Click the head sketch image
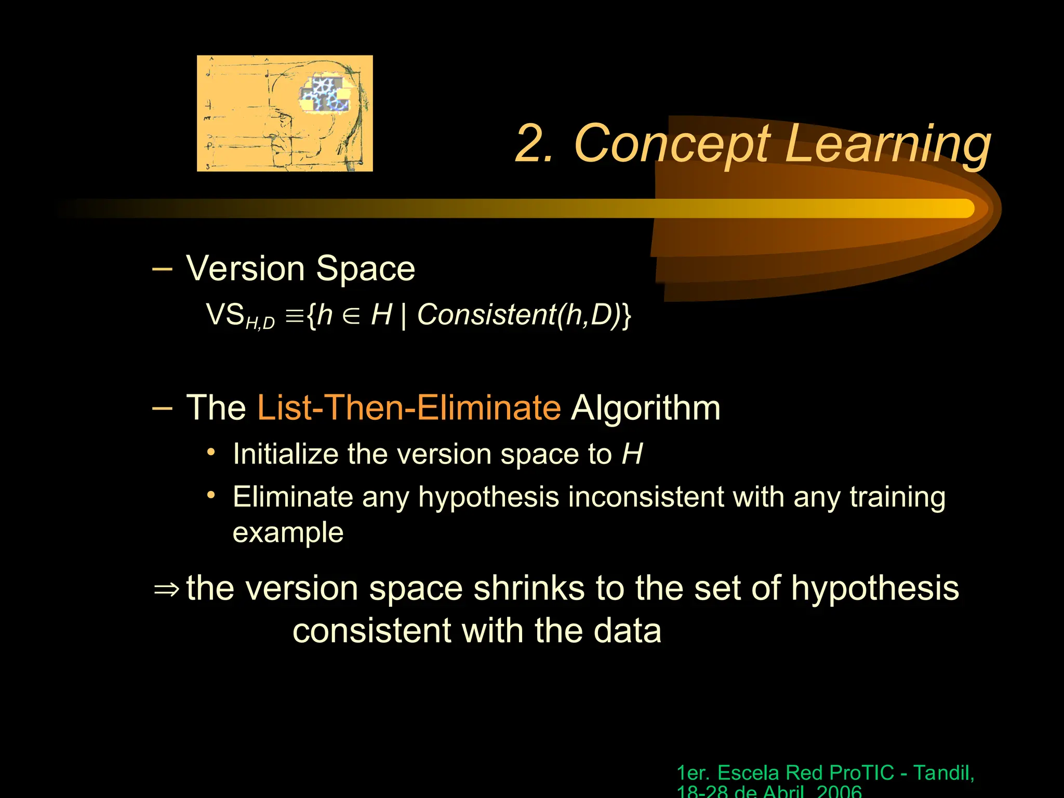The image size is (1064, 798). click(x=285, y=113)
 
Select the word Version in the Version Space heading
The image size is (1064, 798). click(x=245, y=269)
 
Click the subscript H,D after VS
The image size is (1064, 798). click(x=260, y=323)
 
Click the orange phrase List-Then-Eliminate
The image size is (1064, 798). click(x=409, y=407)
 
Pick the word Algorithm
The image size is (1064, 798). click(x=645, y=407)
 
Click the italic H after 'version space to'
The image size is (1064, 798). click(x=632, y=454)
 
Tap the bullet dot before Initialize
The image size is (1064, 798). click(x=210, y=452)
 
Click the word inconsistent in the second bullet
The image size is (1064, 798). click(x=646, y=497)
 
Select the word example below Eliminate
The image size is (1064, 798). click(x=288, y=533)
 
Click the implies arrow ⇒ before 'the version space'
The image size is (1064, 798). click(x=166, y=589)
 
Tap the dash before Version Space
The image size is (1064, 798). click(x=162, y=269)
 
